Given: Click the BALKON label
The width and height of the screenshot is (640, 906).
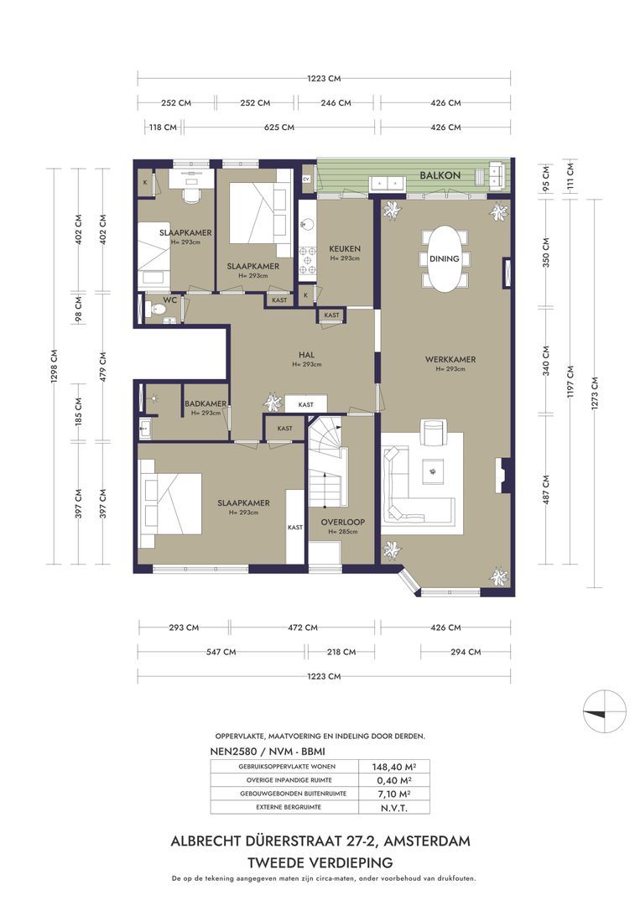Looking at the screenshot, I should tap(440, 175).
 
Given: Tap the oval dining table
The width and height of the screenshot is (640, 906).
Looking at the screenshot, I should tap(444, 258).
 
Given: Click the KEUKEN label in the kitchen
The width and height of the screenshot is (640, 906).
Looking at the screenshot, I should tap(345, 249).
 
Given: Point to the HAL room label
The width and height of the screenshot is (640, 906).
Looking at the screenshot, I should tap(306, 355).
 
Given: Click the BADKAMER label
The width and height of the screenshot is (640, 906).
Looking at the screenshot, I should tap(206, 404).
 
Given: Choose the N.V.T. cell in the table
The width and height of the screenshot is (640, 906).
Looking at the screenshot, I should tap(393, 807).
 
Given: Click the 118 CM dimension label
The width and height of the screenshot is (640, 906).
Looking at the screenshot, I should tap(162, 128).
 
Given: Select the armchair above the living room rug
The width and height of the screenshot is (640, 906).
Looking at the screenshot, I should tap(434, 433).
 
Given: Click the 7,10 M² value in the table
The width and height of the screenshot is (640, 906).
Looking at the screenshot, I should tap(393, 794).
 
